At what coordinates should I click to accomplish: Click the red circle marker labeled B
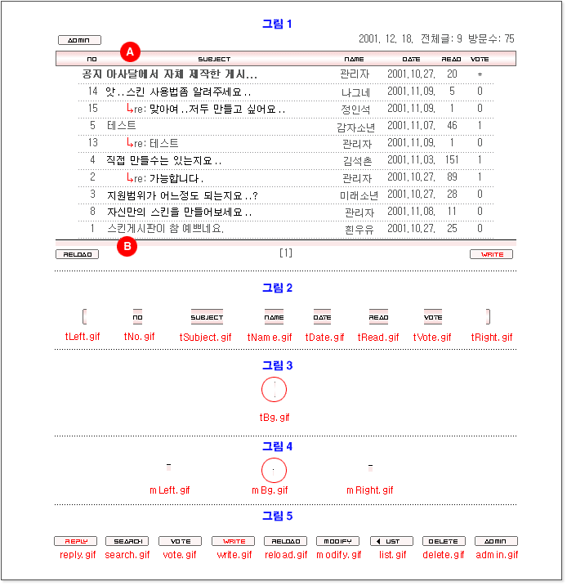click(127, 245)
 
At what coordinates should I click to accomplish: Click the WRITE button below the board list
click(491, 254)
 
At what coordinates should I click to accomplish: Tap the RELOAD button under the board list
click(77, 254)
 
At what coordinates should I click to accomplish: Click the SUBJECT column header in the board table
click(214, 59)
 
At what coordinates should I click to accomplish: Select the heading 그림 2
click(276, 288)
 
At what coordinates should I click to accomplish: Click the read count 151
click(451, 159)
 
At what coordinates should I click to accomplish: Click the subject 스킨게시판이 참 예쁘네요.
click(165, 229)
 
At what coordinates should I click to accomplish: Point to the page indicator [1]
click(285, 253)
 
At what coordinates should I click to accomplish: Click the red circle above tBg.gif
click(275, 391)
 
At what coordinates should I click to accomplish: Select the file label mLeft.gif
click(169, 490)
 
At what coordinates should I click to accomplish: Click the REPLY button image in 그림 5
click(75, 541)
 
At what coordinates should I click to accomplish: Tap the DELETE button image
click(443, 541)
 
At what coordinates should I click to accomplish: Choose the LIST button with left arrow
click(391, 541)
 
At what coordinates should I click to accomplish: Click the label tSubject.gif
click(205, 337)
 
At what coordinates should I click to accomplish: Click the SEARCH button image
click(127, 541)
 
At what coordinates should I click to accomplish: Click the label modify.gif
click(337, 555)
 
